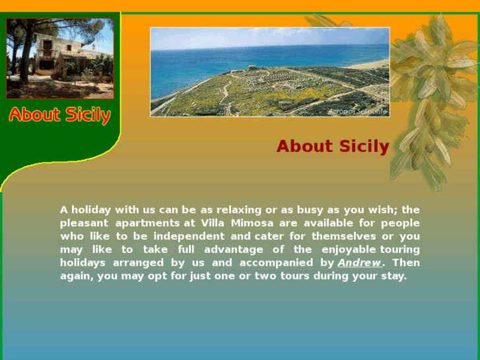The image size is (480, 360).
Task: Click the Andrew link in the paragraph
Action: point(359,263)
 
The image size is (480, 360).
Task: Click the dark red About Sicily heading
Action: point(333,146)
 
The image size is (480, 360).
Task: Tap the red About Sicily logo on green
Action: point(59,115)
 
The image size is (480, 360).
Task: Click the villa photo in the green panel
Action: point(60,58)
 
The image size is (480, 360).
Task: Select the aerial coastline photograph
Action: point(269,71)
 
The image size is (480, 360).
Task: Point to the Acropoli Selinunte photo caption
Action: point(357,112)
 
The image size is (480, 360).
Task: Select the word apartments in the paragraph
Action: point(147,223)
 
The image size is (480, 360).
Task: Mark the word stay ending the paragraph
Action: point(394,276)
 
